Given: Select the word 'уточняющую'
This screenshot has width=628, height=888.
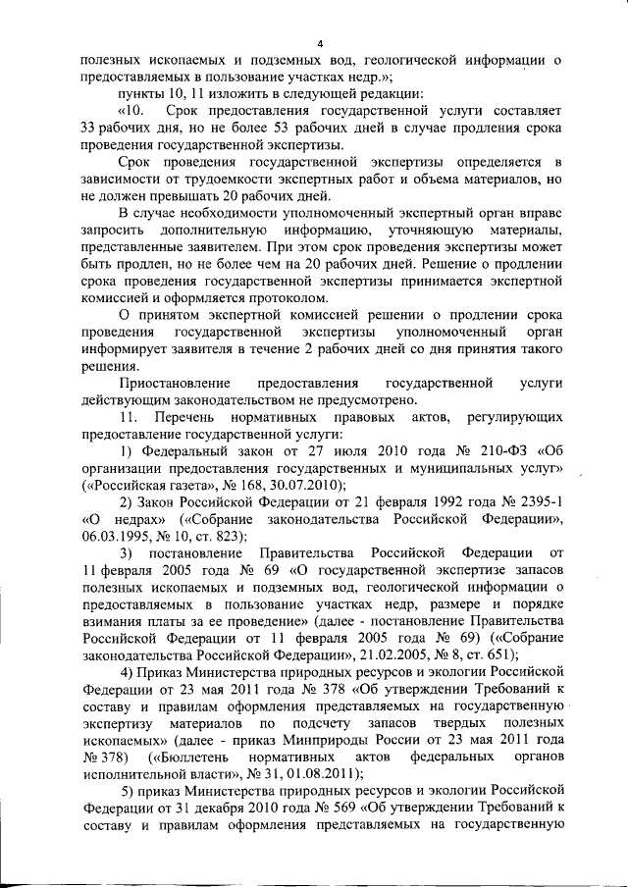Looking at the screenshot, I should coord(408,228).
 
